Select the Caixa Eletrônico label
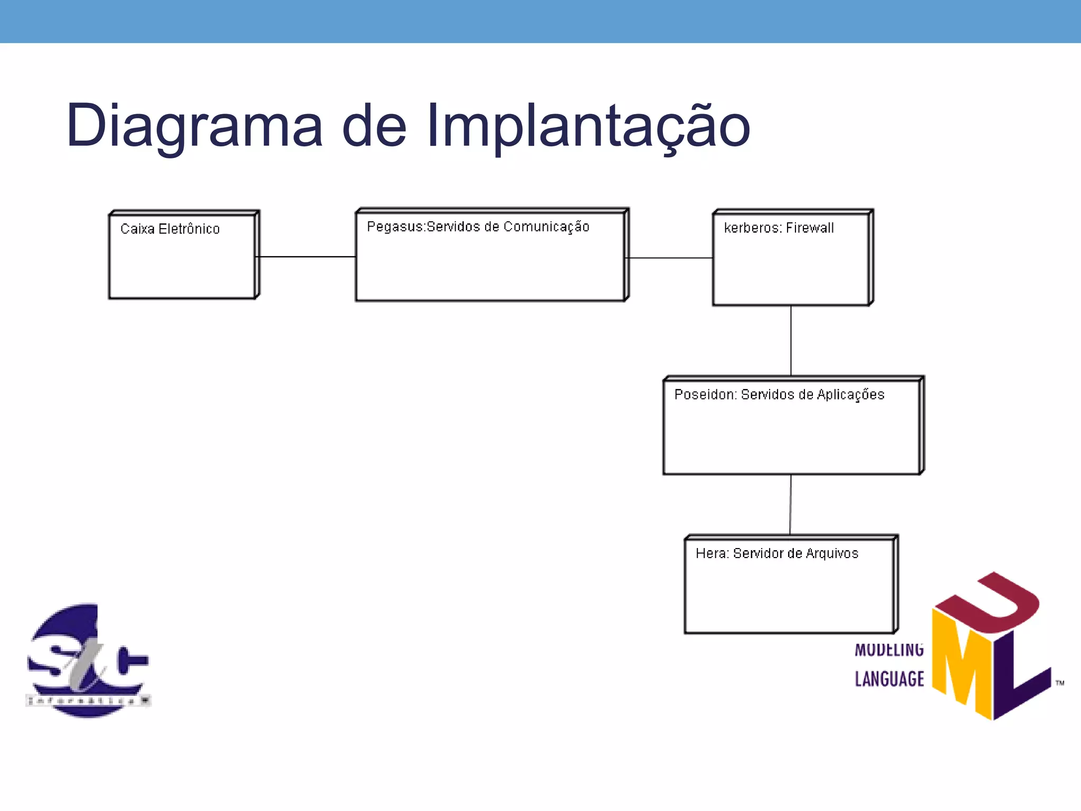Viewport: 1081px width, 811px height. pos(170,229)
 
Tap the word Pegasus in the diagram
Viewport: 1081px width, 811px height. pos(394,227)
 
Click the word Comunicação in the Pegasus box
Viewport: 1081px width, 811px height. pos(546,227)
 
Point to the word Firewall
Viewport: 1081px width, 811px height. pos(810,228)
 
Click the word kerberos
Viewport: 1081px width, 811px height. pos(752,228)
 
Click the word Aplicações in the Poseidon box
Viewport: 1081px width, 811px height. pos(850,395)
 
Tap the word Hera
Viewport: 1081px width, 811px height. pos(710,553)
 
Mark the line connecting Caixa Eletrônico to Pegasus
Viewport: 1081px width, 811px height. pos(306,257)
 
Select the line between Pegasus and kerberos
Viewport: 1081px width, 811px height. pos(669,258)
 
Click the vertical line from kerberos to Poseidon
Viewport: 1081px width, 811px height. pos(791,341)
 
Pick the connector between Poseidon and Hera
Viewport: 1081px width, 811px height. pos(790,504)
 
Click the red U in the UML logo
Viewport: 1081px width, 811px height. pos(992,602)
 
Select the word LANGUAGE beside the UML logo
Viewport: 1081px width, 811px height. pos(889,679)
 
